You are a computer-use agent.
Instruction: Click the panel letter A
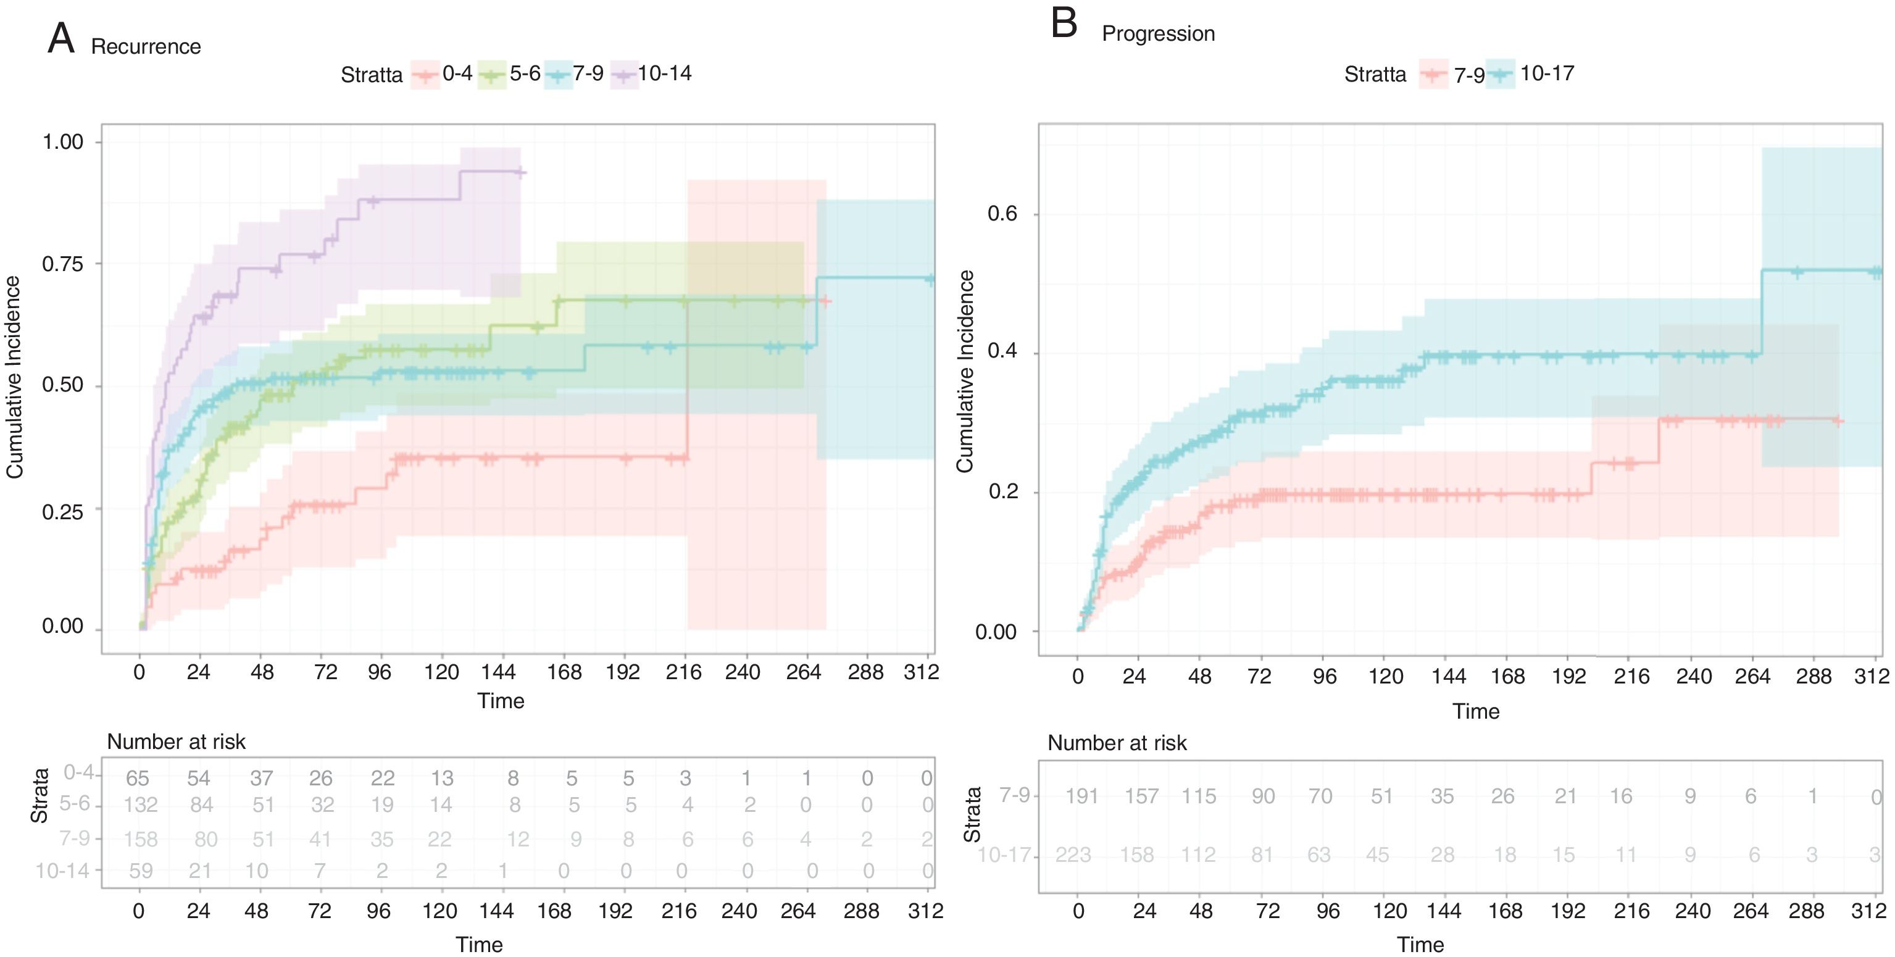(x=61, y=39)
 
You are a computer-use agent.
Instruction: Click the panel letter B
(x=1064, y=23)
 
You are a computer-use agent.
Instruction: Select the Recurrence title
(x=146, y=46)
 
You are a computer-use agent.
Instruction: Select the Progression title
(x=1158, y=34)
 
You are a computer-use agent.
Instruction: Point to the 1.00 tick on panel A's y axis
(x=62, y=141)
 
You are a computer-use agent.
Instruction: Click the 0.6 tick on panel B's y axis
(x=1002, y=214)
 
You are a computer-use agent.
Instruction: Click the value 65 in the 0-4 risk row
(x=138, y=778)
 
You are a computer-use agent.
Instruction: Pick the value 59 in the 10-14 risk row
(x=141, y=871)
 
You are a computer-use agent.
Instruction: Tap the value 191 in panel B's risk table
(x=1081, y=796)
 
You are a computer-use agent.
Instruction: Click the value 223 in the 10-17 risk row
(x=1073, y=855)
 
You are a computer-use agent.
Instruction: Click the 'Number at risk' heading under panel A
(x=176, y=742)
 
